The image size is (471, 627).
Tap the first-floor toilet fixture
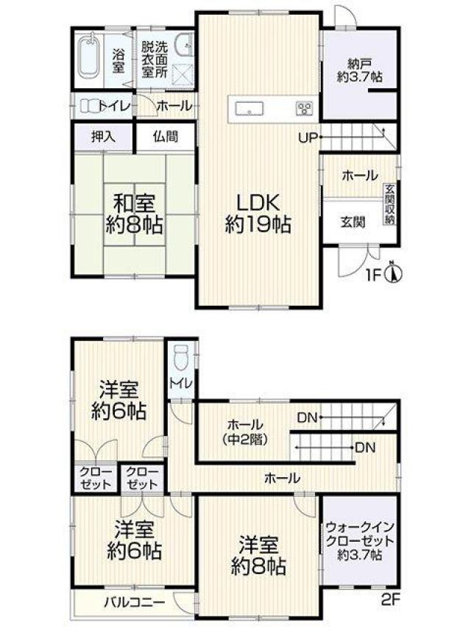coord(90,106)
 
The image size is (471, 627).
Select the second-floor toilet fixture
coord(180,358)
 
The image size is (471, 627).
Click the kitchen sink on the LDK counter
coord(249,108)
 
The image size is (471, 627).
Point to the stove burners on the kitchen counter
coord(304,108)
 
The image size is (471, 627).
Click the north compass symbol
coord(393,273)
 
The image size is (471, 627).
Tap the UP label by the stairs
coord(308,138)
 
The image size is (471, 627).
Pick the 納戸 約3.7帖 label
coord(359,70)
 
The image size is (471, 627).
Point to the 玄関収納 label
coord(390,204)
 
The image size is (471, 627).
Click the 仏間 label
coord(166,137)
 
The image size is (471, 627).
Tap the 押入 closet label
coord(103,137)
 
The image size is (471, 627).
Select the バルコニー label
coord(135,602)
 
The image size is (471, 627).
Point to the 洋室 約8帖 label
coord(258,556)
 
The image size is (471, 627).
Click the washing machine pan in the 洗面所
coord(183,74)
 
